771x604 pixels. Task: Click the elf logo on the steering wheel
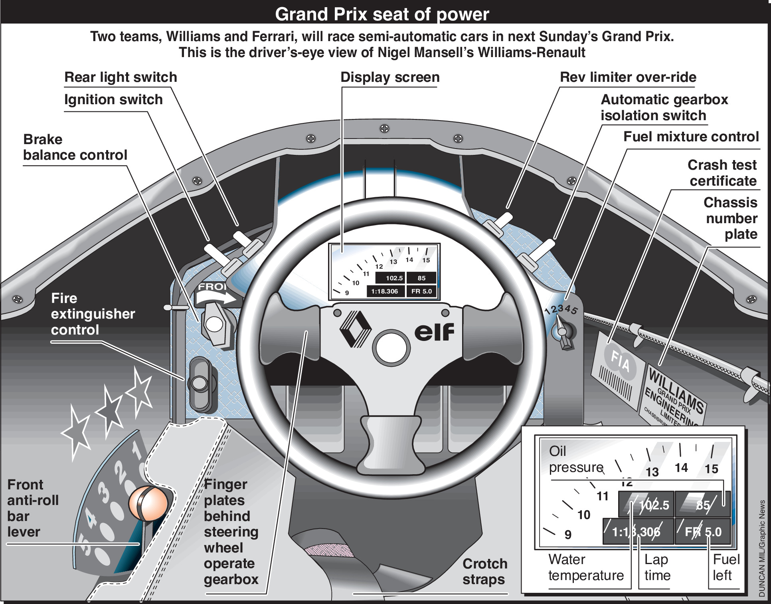coord(434,332)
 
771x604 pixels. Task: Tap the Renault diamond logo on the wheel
coord(355,329)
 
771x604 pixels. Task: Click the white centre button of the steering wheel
coord(391,347)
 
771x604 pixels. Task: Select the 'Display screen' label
coord(390,77)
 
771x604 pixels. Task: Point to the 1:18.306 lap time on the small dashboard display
coord(384,291)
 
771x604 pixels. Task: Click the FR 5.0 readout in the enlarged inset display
coord(703,532)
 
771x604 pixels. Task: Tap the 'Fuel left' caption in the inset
coord(726,567)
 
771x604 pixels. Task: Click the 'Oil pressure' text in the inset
coord(575,459)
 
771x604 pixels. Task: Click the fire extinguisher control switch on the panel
coord(200,384)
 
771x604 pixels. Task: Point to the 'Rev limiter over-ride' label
coord(628,77)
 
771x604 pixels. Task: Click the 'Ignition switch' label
coord(113,100)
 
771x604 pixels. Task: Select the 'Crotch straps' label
coord(484,572)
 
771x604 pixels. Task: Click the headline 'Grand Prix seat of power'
coord(382,14)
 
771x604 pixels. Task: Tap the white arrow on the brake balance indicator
coord(216,297)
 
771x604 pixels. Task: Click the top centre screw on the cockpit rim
coord(384,129)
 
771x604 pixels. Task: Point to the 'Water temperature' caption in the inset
coord(585,567)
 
